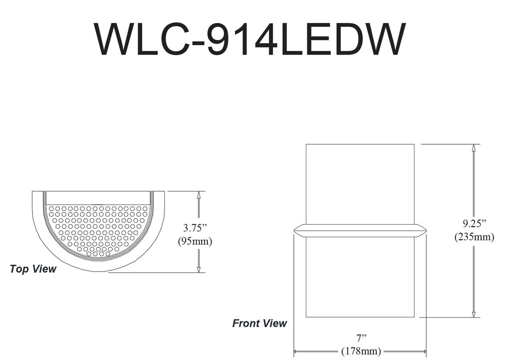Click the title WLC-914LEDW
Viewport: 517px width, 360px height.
(x=249, y=39)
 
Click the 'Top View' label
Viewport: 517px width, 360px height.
(x=33, y=269)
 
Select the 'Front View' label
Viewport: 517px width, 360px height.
(x=259, y=323)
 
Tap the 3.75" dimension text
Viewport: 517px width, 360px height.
(x=195, y=228)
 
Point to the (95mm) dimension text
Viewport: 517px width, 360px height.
(x=195, y=242)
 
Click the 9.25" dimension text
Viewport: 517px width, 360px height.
(x=474, y=223)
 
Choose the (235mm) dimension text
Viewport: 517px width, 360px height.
(x=474, y=237)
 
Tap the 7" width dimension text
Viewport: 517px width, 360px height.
(x=360, y=337)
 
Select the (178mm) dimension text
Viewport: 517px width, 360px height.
(x=360, y=351)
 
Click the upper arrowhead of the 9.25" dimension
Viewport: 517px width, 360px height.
(x=474, y=147)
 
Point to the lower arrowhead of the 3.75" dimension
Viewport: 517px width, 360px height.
(x=199, y=269)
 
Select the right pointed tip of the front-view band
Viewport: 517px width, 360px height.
(x=426, y=230)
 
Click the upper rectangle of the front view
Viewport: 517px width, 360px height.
(x=360, y=183)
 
